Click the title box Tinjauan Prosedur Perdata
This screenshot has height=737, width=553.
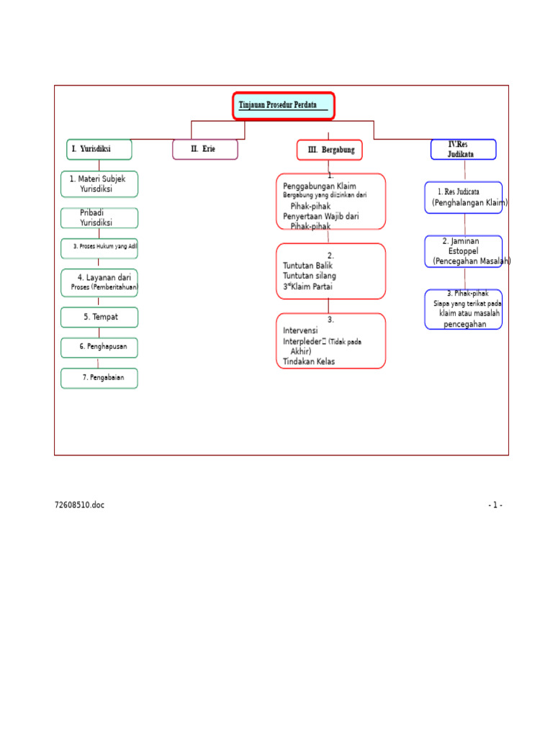pos(283,106)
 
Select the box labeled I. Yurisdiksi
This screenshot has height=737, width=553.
pos(99,150)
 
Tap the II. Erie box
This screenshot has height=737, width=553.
pos(204,150)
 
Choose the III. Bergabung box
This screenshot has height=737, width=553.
pos(330,150)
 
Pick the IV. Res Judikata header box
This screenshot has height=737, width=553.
pos(463,150)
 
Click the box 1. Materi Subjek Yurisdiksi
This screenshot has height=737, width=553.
pos(99,184)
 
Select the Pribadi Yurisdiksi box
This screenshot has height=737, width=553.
pos(99,218)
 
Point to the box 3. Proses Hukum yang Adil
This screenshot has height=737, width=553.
pos(99,247)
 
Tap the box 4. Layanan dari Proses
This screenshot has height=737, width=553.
pos(99,283)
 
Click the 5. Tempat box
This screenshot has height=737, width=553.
pos(99,317)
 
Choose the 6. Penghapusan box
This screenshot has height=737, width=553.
pos(99,347)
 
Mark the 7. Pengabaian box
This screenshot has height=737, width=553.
pos(99,378)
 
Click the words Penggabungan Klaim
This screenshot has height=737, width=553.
pos(320,186)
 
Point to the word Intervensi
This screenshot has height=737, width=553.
pos(300,331)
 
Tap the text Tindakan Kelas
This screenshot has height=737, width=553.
pos(309,362)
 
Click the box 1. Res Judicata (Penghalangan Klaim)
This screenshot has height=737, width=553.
pos(464,197)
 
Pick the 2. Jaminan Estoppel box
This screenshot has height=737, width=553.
pos(464,251)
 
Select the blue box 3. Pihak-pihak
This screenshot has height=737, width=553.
pos(464,309)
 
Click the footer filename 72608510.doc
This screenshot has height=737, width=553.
pos(79,505)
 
